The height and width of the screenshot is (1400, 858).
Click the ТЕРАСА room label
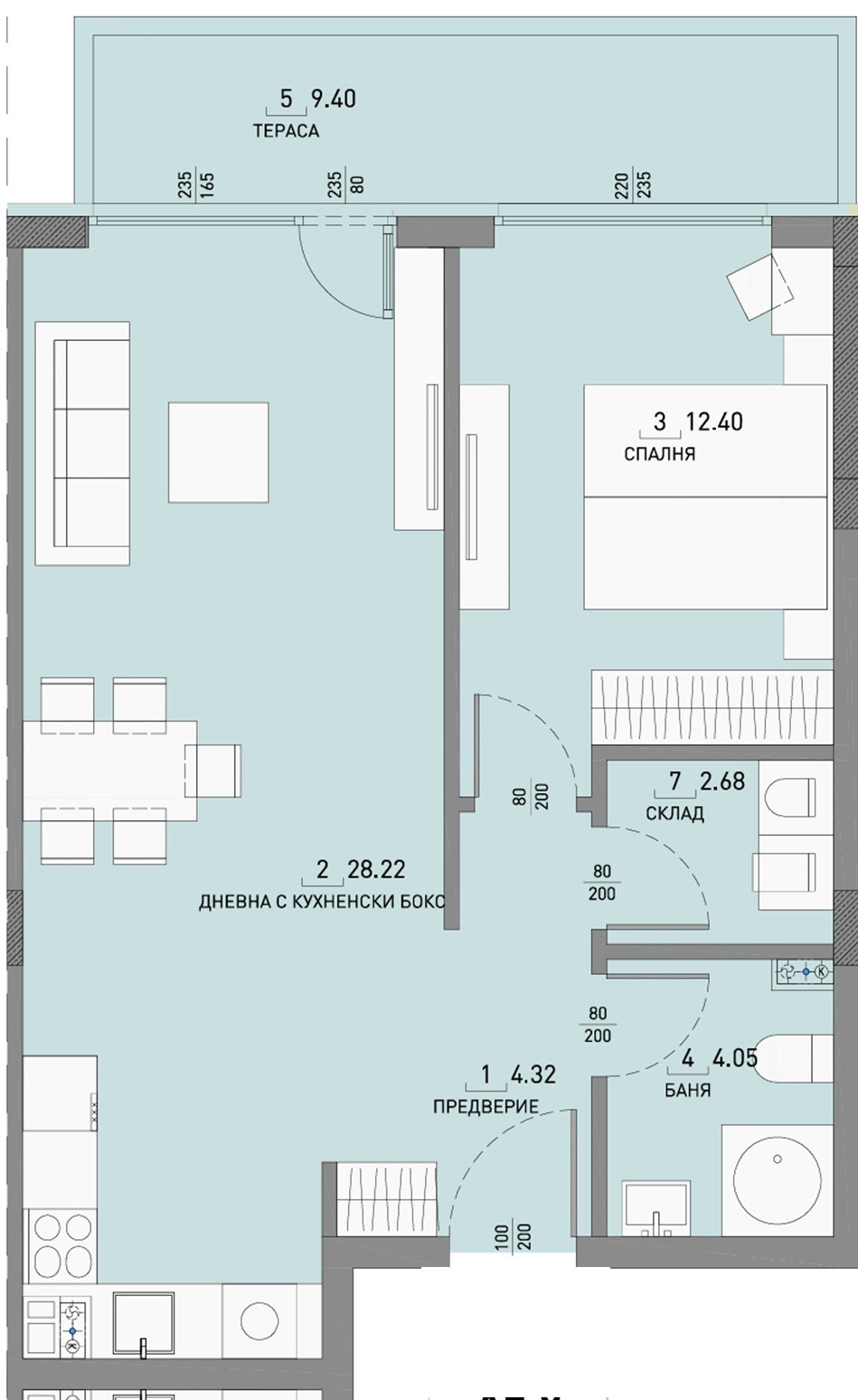pos(286,131)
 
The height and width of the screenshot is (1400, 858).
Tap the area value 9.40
pos(333,99)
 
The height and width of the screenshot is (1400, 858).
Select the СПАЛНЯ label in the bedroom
pos(659,454)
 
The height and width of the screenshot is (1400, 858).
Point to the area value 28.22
pos(376,870)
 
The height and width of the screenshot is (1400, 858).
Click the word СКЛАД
pos(674,813)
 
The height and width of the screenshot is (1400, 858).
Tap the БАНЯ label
pos(687,1090)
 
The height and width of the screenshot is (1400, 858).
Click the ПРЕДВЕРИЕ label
pos(486,1106)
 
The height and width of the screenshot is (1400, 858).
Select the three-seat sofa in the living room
pos(82,443)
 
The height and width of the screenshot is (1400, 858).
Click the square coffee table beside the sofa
pos(218,452)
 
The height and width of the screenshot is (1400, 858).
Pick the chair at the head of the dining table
pos(213,771)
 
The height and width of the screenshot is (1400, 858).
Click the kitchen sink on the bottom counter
pos(143,1321)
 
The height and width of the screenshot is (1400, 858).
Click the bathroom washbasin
pos(656,1206)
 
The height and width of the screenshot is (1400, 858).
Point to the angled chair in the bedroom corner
pos(761,286)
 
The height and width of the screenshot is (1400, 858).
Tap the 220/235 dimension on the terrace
pos(633,185)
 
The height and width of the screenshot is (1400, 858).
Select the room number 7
pos(675,780)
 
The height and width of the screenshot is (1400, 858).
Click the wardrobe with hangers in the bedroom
pos(712,707)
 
